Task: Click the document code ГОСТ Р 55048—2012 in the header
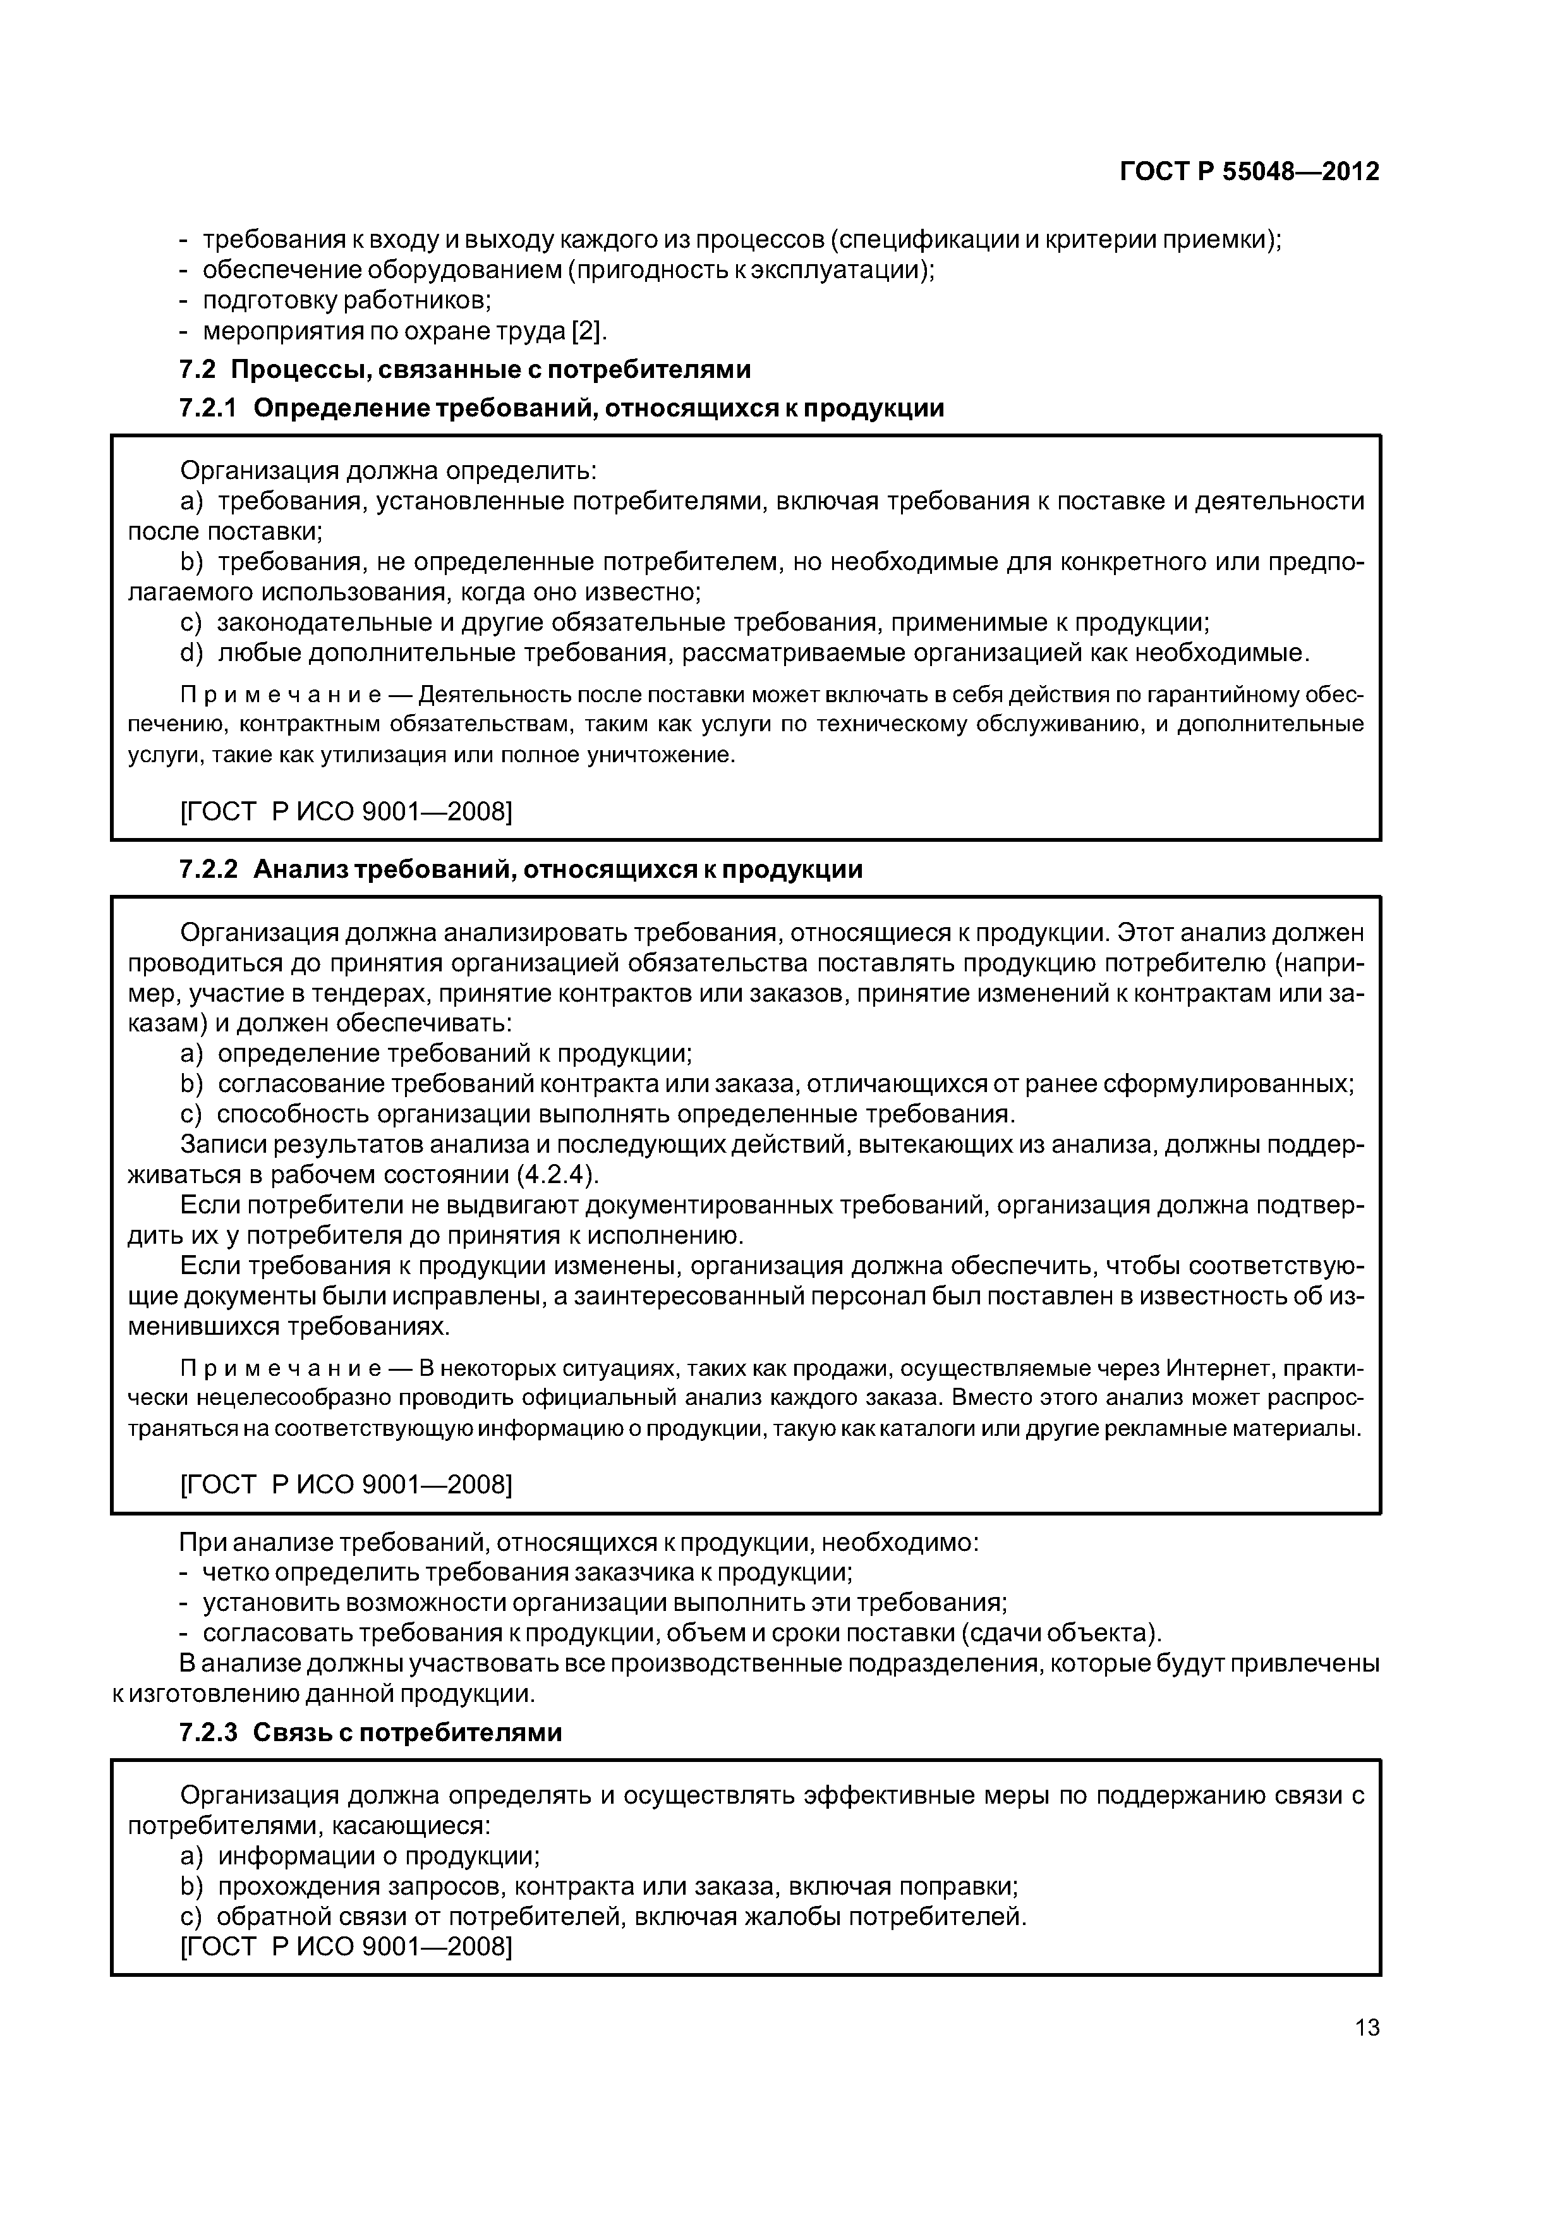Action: click(x=1249, y=172)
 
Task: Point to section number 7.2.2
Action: click(x=209, y=870)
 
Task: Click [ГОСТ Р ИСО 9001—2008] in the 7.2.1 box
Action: click(x=346, y=812)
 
